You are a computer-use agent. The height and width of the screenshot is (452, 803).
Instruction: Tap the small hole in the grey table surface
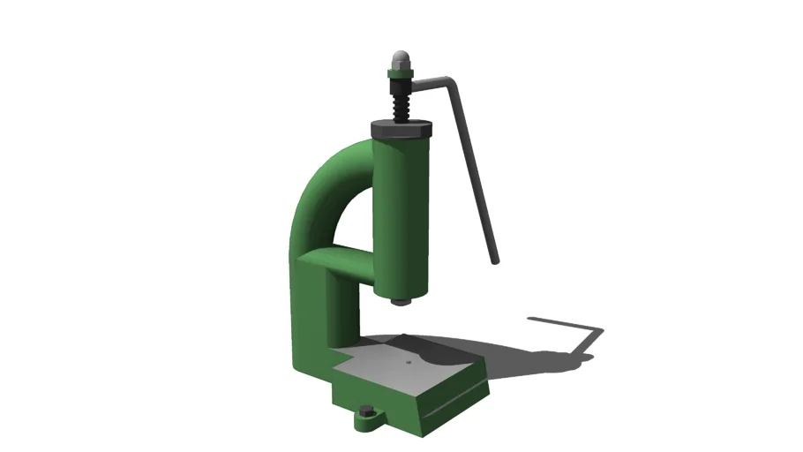point(409,361)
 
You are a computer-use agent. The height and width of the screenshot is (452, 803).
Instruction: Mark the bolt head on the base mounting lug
point(365,411)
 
